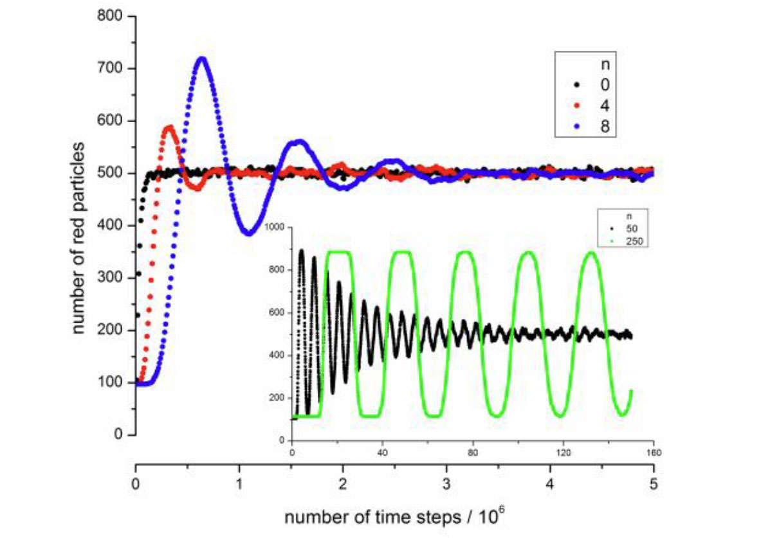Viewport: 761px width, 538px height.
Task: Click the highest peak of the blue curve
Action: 202,60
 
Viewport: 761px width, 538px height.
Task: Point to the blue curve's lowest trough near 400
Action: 248,233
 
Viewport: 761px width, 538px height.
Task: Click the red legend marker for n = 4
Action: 577,105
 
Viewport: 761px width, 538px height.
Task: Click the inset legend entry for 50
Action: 626,228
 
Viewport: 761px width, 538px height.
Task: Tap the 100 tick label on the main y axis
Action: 110,382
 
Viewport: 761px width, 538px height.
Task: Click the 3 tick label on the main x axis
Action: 446,484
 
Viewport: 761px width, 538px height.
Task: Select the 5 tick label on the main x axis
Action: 654,484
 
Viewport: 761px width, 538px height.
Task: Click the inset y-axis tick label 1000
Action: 277,227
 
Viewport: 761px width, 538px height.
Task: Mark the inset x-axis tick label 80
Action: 473,453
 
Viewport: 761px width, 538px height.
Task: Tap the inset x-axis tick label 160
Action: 654,453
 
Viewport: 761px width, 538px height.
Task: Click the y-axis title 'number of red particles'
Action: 78,238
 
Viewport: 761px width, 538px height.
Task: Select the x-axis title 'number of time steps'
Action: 372,517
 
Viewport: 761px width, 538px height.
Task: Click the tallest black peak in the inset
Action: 302,251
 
